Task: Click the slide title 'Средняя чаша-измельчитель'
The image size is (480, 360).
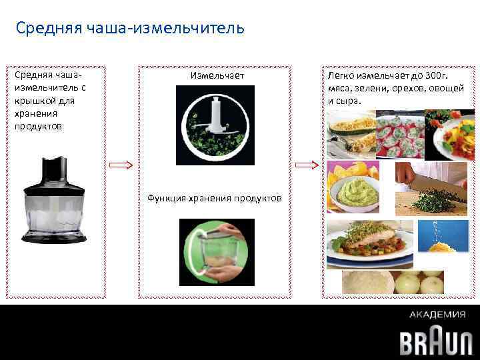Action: pyautogui.click(x=130, y=29)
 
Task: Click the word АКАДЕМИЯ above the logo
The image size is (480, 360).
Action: pyautogui.click(x=437, y=315)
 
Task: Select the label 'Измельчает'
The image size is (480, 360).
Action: pyautogui.click(x=217, y=75)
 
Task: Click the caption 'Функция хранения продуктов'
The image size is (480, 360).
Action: pyautogui.click(x=214, y=198)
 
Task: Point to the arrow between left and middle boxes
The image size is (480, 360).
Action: pyautogui.click(x=121, y=165)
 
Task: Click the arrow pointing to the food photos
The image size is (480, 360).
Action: pyautogui.click(x=307, y=165)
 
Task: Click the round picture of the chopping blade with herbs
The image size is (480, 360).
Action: pyautogui.click(x=215, y=125)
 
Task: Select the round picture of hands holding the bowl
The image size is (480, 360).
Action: pyautogui.click(x=215, y=248)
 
